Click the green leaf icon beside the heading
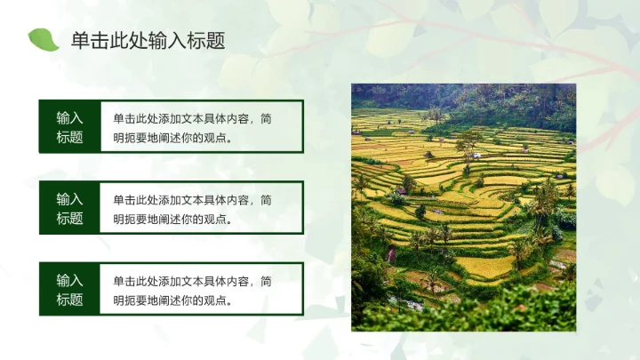click(x=43, y=39)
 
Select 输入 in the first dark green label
click(x=69, y=117)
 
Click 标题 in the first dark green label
click(x=69, y=137)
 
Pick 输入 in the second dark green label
click(x=69, y=199)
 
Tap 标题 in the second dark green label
click(x=69, y=219)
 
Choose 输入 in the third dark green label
click(x=69, y=280)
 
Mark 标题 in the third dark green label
click(x=69, y=300)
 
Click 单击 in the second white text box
click(x=124, y=199)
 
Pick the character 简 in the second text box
click(x=268, y=199)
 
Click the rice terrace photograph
click(x=463, y=207)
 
